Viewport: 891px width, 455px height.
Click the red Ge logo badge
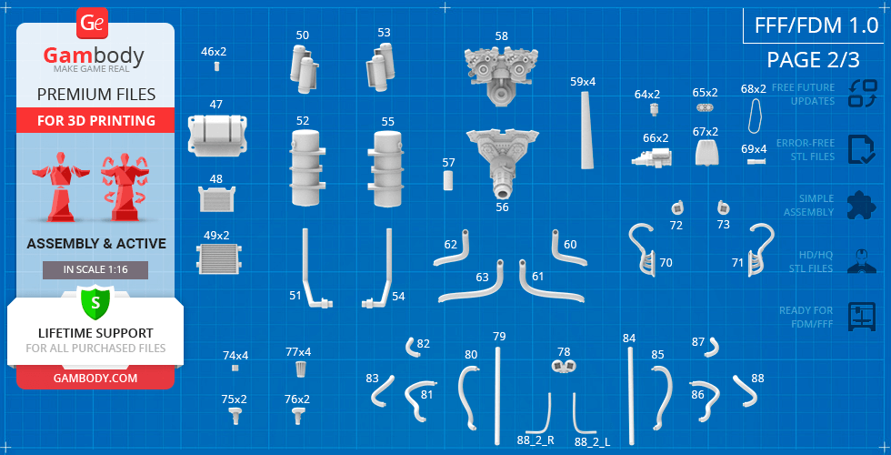[x=92, y=24]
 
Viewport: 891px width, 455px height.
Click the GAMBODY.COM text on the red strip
[x=95, y=379]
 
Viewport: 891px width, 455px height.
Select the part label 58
[x=501, y=35]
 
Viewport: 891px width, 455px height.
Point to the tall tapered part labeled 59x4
[x=587, y=129]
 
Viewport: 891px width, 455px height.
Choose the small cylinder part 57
[x=448, y=180]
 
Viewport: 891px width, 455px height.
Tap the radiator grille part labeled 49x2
[x=217, y=258]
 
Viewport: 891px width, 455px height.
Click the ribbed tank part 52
[x=306, y=167]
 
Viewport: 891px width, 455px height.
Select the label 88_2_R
[x=536, y=440]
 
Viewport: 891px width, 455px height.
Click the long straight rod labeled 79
[x=498, y=395]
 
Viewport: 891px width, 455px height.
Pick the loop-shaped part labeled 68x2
[x=756, y=115]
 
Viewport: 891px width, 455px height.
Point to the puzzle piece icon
[x=862, y=205]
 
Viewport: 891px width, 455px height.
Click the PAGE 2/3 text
[x=813, y=60]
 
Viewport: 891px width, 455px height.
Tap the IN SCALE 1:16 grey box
[x=95, y=270]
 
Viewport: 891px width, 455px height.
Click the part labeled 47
[x=217, y=135]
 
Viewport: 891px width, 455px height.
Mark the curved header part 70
[x=644, y=249]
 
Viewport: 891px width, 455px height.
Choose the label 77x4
[x=298, y=352]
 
